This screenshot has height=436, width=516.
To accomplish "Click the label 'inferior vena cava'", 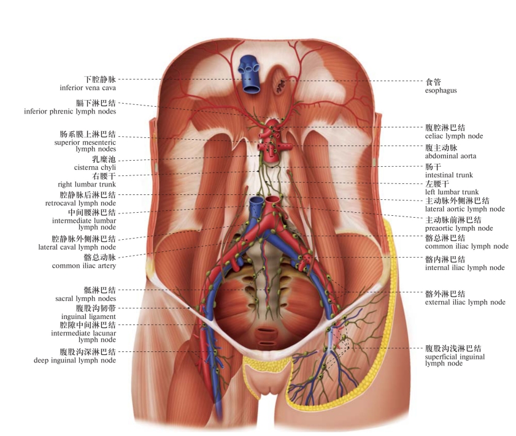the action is tap(88, 88).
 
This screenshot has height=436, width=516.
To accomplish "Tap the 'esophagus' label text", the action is tap(441, 90).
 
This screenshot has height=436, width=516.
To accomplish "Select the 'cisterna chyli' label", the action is tap(94, 167).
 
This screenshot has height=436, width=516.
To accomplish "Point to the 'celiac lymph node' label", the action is tap(454, 136).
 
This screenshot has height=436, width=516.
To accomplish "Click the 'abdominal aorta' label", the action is tap(450, 156).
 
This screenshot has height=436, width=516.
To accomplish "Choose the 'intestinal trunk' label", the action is tap(449, 175).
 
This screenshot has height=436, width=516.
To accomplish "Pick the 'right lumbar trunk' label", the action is tap(87, 185).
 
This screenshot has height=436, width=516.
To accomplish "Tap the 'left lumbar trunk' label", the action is tap(452, 192).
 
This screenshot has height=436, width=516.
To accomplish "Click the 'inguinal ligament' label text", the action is tap(88, 316).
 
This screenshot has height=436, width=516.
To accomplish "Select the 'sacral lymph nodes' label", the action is tap(85, 299).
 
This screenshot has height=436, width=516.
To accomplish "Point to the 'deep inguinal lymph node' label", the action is tap(75, 361).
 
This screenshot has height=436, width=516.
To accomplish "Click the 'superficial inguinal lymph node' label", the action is tap(455, 360).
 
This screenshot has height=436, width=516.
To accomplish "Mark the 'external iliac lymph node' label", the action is tap(465, 302).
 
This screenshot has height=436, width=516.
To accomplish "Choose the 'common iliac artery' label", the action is tap(84, 266).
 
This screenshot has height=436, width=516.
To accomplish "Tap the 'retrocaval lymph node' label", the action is tap(80, 203).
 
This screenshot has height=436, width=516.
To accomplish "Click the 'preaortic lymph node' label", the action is tap(459, 228).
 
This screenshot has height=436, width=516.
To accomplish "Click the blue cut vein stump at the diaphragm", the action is tap(249, 75).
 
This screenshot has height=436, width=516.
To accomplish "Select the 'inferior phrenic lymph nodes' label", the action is tap(70, 112).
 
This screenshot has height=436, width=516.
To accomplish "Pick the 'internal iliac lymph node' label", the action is tap(464, 267).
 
